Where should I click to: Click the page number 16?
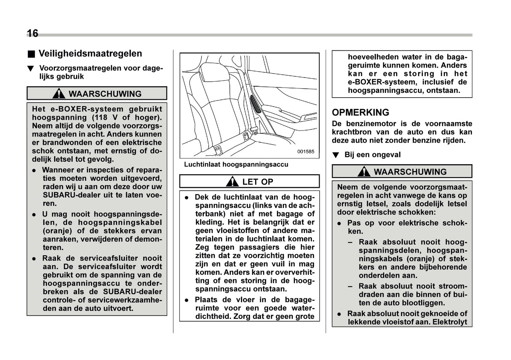33,33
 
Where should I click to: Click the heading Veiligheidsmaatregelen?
90,54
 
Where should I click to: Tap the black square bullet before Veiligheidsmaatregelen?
31,54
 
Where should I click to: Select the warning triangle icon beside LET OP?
232,182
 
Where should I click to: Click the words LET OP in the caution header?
257,182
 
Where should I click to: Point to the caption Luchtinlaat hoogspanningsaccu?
236,164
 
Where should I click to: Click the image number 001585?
305,151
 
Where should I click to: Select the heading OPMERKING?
360,112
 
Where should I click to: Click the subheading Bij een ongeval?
372,155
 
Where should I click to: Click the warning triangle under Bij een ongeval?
363,172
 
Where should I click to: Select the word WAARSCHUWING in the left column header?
105,94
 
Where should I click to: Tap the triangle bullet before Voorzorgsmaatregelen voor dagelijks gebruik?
31,69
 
